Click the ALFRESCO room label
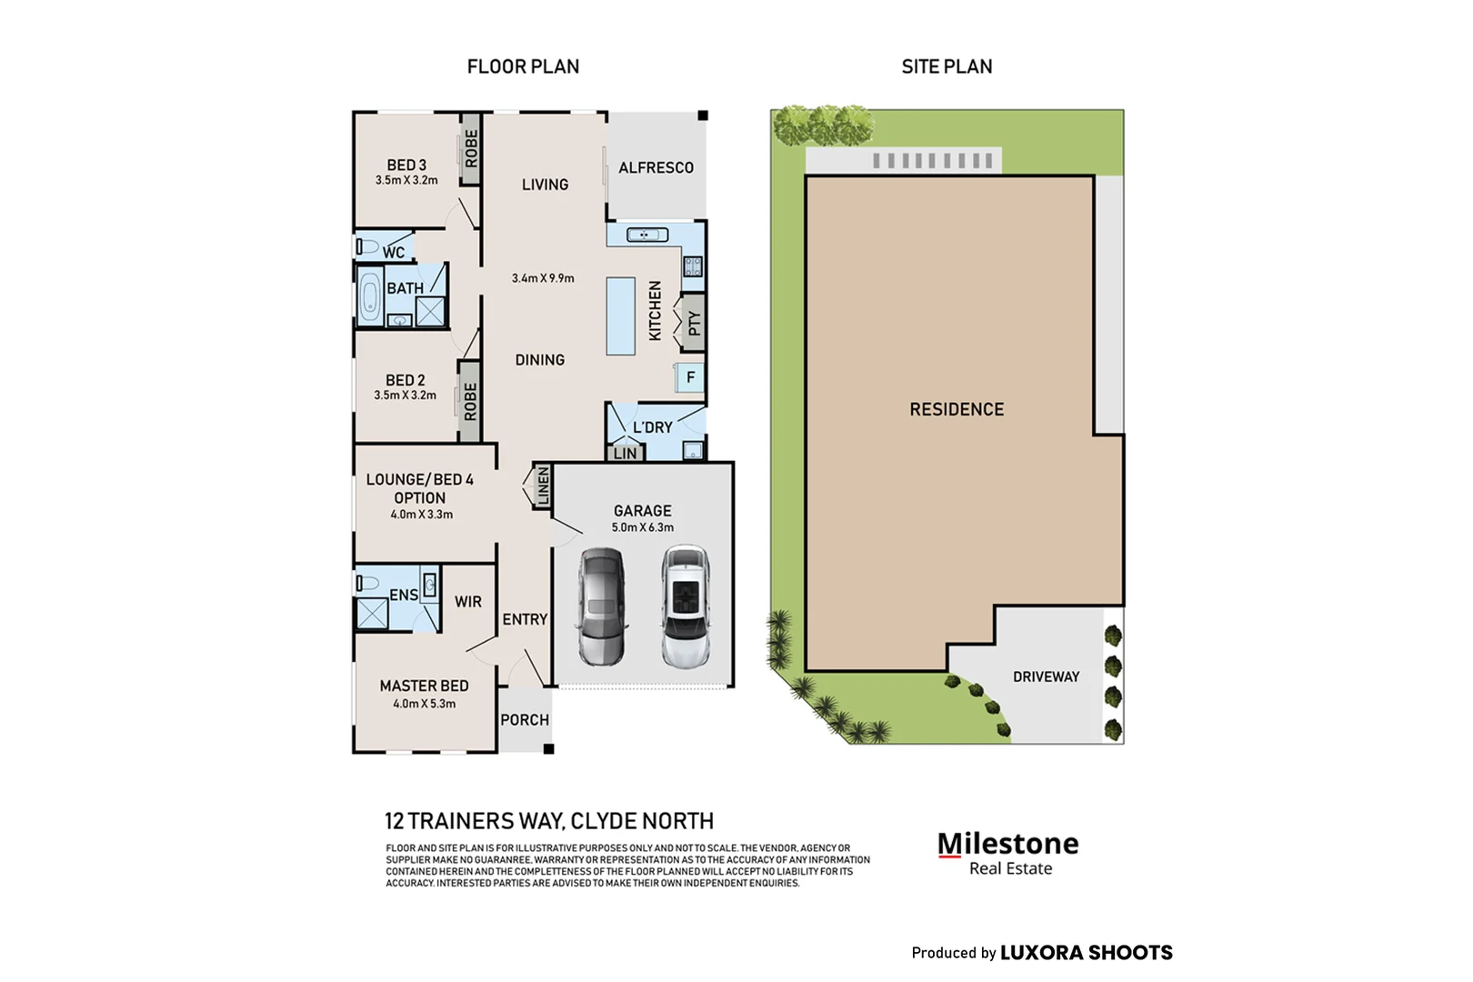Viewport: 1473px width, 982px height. [x=656, y=167]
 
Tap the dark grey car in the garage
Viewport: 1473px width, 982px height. [x=602, y=606]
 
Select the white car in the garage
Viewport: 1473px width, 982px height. [x=686, y=606]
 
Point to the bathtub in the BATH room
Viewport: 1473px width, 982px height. [x=369, y=296]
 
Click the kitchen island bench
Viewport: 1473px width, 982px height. [x=621, y=316]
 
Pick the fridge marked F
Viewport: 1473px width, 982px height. [x=690, y=377]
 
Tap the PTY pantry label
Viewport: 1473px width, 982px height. [x=694, y=322]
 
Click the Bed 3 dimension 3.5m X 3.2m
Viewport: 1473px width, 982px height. [x=406, y=180]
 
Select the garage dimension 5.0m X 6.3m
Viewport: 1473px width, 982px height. [x=643, y=527]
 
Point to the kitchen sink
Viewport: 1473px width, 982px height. [x=647, y=235]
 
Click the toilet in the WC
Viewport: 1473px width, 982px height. [x=367, y=247]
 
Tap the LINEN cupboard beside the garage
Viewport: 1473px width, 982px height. [x=543, y=486]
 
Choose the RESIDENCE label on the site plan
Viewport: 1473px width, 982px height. [x=957, y=409]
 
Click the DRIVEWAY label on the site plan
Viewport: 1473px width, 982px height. [x=1047, y=676]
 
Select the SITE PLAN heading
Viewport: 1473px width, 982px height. [x=947, y=66]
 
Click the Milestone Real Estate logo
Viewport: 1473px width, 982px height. [x=1008, y=853]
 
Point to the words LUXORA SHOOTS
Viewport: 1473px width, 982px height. [x=1087, y=952]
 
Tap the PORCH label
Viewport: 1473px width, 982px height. [x=525, y=719]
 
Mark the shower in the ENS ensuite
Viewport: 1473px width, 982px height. [x=372, y=613]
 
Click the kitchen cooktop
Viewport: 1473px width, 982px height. [x=693, y=266]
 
